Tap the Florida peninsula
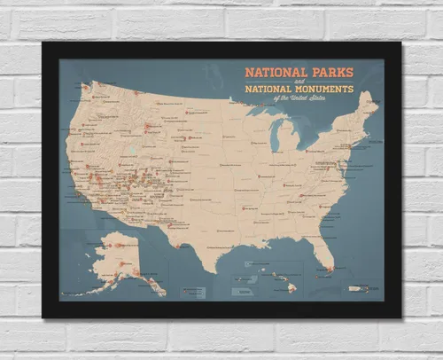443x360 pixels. click(324, 251)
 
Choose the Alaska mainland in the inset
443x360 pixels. click(116, 256)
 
